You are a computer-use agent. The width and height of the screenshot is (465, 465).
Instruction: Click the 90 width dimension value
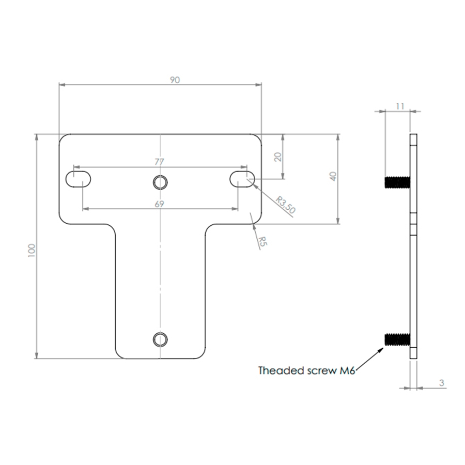point(175,80)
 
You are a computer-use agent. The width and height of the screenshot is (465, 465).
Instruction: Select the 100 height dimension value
point(32,250)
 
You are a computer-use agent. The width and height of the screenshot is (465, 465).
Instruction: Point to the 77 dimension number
point(159,162)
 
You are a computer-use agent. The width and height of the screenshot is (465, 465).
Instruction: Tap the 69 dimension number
point(159,204)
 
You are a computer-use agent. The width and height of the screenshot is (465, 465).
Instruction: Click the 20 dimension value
point(278,157)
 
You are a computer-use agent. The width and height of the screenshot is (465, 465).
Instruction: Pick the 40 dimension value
point(333,177)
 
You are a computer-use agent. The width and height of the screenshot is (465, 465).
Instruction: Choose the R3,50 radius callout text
point(286,205)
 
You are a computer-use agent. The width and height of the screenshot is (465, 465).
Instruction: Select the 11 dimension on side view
point(400,106)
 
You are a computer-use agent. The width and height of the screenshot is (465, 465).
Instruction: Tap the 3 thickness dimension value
point(442,383)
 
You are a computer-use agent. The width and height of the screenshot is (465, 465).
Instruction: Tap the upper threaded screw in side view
point(397,182)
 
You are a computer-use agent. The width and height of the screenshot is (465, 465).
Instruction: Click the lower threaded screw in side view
point(397,339)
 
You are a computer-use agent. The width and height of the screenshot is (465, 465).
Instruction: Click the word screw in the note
point(322,371)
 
